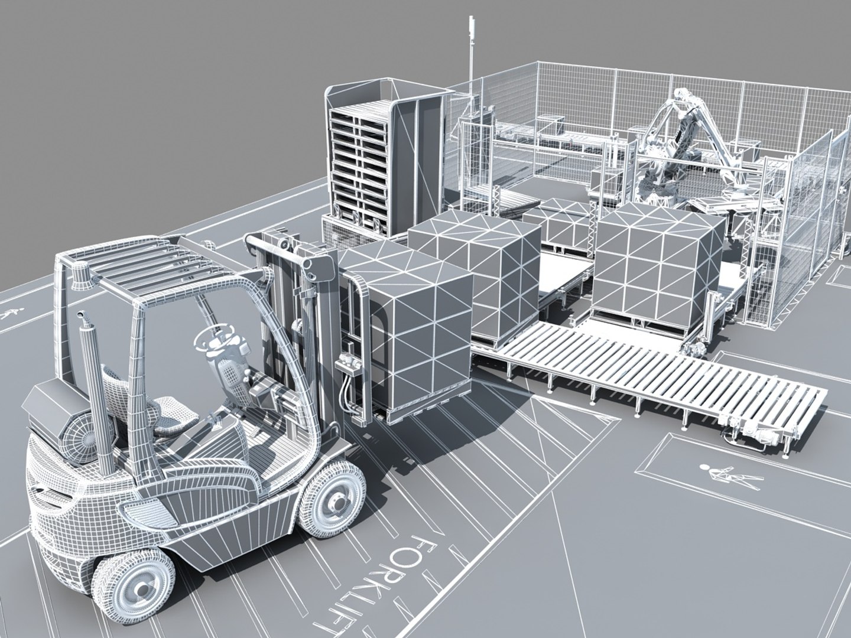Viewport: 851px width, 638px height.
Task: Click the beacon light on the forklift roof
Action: (80, 278)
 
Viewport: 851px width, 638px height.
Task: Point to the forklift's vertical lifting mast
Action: (284, 307)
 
